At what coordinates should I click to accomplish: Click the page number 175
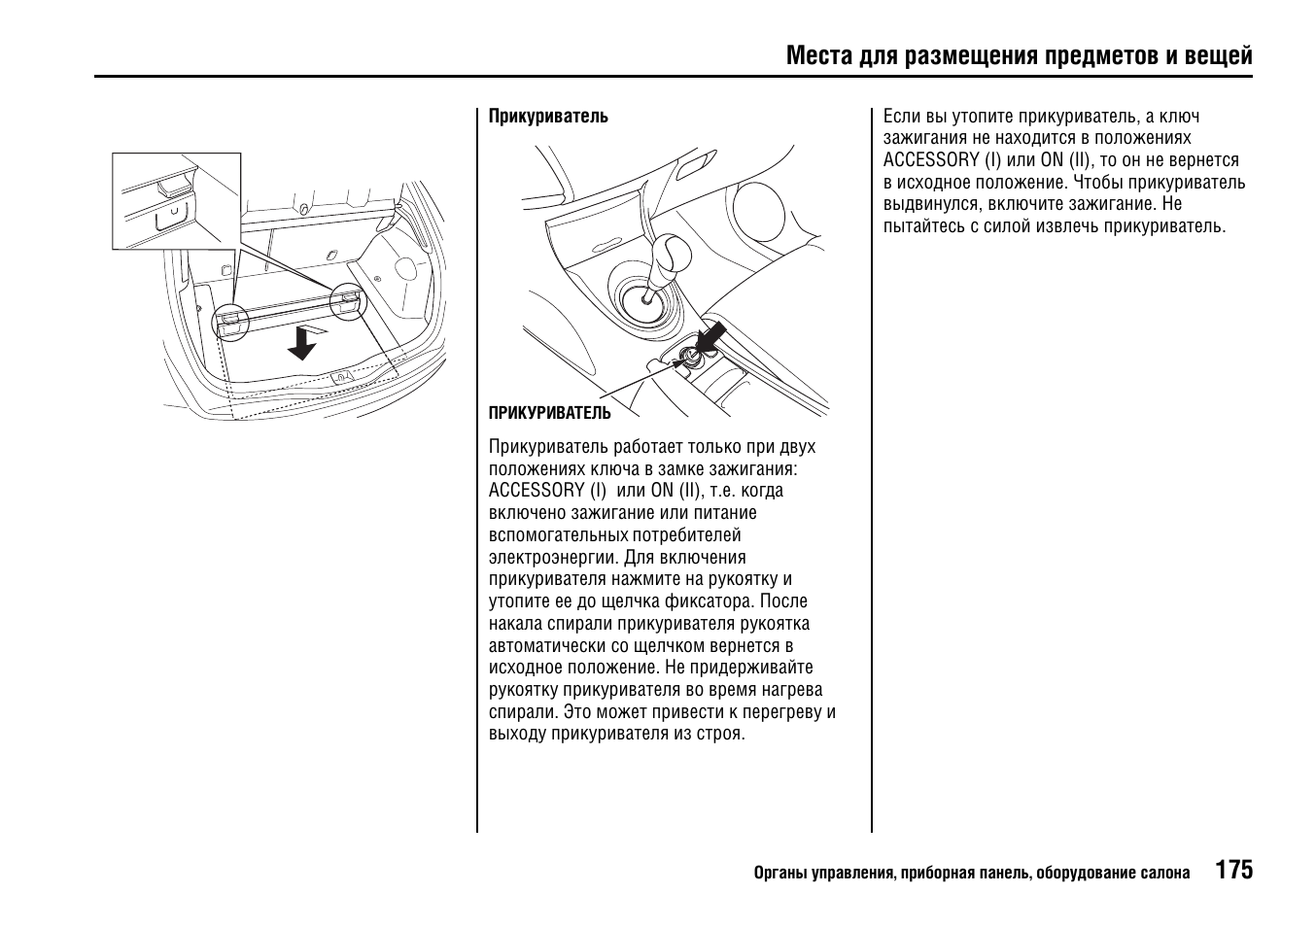(x=1233, y=870)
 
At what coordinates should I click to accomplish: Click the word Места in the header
(x=819, y=55)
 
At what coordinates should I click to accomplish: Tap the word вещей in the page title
(x=1219, y=55)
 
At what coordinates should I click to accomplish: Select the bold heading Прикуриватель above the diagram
(x=548, y=117)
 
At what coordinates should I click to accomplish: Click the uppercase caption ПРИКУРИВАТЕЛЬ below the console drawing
(x=549, y=413)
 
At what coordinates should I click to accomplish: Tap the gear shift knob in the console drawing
(x=670, y=255)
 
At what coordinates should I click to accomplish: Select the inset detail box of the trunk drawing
(x=176, y=200)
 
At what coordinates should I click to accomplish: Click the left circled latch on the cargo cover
(x=229, y=321)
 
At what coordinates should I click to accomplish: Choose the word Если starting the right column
(x=901, y=117)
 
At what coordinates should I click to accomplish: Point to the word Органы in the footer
(x=779, y=873)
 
